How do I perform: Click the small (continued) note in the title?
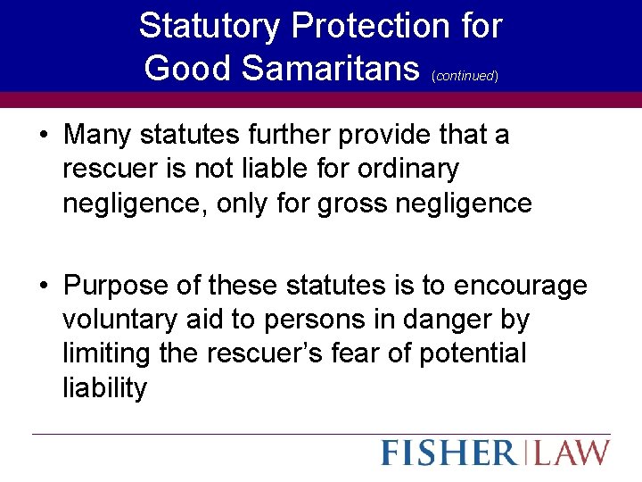pos(465,76)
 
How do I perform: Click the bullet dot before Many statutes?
pos(43,136)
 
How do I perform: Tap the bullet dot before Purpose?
pos(43,286)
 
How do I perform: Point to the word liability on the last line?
pos(105,387)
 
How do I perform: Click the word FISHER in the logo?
pos(449,452)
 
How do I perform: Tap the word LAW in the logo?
pos(573,452)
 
